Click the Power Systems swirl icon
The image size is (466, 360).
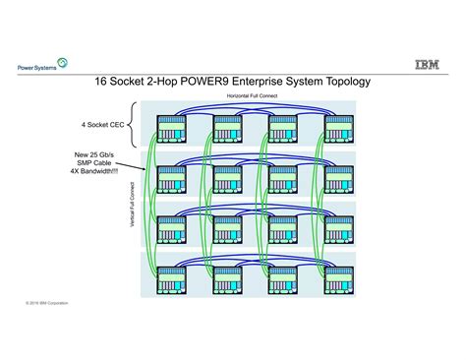64,64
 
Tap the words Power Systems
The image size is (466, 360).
34,68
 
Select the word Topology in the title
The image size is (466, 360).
338,83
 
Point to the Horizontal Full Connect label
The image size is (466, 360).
253,96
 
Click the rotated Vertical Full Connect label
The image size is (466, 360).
133,207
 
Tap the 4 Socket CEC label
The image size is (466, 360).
102,126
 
